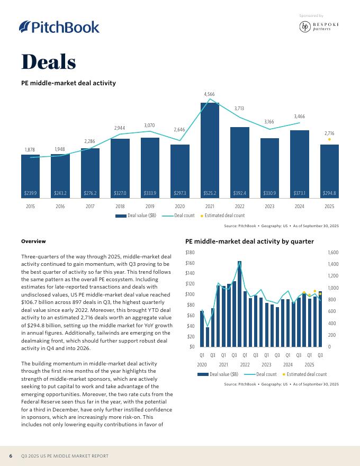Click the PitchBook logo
coord(59,27)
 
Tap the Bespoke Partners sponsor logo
coord(319,27)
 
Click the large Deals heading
coord(49,62)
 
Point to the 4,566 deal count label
coord(210,94)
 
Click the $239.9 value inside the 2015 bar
coord(30,193)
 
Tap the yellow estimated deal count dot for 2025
coord(329,139)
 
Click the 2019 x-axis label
coord(150,206)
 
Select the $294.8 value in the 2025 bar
coord(329,193)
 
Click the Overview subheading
coord(33,241)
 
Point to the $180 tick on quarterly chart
coord(190,253)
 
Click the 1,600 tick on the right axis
coord(334,253)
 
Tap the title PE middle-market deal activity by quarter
coord(249,241)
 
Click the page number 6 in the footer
coord(11,456)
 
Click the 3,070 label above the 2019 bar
coord(150,126)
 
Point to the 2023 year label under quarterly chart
coord(266,364)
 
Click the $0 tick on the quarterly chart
coord(192,347)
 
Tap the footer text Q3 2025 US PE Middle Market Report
coord(65,456)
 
